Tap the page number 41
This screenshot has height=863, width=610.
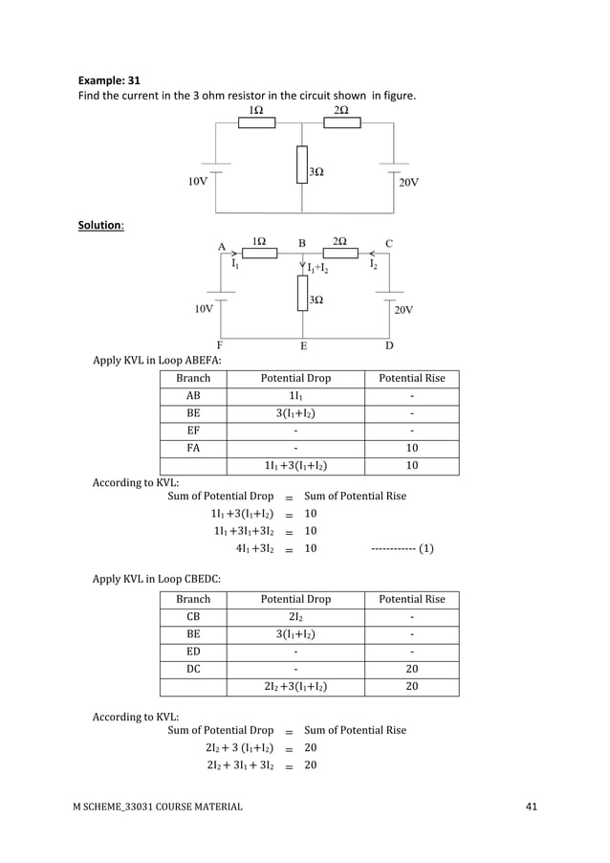(532, 807)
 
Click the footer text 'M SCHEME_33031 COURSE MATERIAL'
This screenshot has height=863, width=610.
(158, 808)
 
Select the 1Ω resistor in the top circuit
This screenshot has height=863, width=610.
(255, 124)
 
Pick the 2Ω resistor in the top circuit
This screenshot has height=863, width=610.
(342, 124)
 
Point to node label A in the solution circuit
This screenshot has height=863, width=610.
(222, 244)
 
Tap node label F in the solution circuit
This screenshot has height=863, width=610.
(220, 345)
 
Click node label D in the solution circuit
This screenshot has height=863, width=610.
(389, 345)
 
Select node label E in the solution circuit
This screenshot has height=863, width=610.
(303, 345)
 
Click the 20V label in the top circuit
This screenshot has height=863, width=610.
(407, 182)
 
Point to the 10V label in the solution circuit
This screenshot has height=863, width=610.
(205, 309)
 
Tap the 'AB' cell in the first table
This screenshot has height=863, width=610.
(193, 395)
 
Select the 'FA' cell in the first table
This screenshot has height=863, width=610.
(193, 448)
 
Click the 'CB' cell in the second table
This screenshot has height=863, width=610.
(193, 616)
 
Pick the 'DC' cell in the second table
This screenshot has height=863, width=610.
(193, 669)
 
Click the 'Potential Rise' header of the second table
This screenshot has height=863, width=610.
(412, 599)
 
